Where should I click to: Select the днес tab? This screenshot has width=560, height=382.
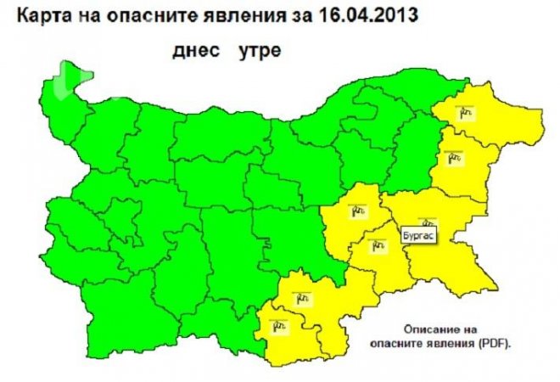tap(193, 52)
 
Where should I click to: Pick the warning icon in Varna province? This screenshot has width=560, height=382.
tap(450, 156)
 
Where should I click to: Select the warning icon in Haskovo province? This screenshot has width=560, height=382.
tap(301, 296)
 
